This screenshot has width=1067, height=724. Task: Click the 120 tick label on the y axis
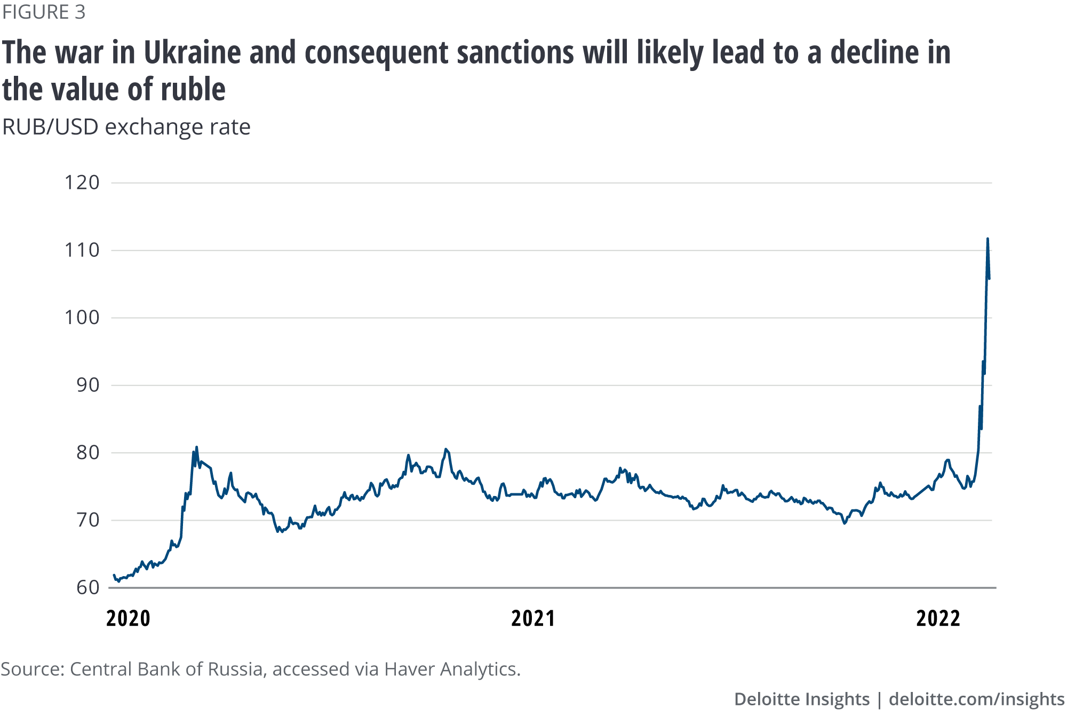(82, 183)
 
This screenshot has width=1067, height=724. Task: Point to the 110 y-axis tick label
(82, 250)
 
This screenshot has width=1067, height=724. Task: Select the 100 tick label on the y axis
(82, 318)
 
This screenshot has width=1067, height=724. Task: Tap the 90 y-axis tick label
(87, 385)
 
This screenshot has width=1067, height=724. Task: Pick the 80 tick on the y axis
(87, 453)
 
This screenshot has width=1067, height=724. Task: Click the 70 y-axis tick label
(87, 520)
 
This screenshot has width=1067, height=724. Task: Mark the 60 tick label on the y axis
(87, 587)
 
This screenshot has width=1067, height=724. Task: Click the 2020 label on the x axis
(128, 618)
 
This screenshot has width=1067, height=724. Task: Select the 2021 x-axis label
(533, 618)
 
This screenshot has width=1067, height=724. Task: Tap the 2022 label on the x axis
(938, 618)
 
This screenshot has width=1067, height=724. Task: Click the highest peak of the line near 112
(988, 239)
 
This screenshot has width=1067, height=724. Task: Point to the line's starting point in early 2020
(114, 576)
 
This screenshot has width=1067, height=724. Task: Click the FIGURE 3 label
(44, 12)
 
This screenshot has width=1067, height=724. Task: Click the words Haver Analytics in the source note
(452, 669)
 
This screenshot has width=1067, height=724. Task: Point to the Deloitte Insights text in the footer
(801, 699)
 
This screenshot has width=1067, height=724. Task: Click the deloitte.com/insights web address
(976, 699)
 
